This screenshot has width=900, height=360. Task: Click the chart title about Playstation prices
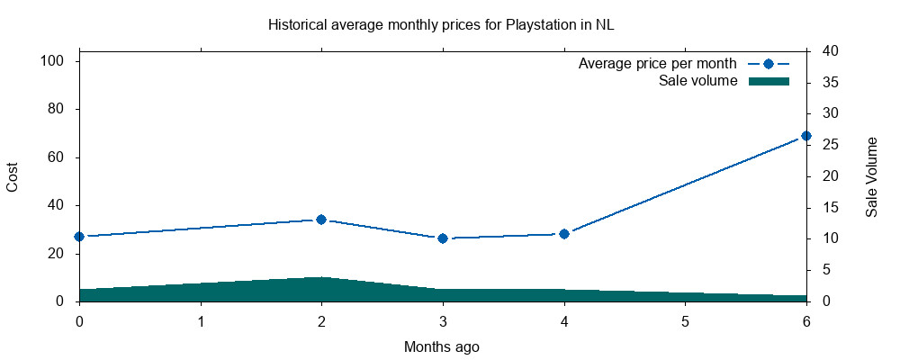[440, 24]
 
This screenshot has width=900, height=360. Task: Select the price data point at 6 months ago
[805, 136]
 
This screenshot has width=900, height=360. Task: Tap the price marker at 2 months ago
[321, 220]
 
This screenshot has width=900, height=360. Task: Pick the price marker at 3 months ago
[443, 238]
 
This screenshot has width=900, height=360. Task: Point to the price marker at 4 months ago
[564, 234]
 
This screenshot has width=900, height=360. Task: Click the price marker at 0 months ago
[79, 237]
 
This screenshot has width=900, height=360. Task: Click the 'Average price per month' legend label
[658, 64]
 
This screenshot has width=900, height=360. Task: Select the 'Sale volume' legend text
[698, 81]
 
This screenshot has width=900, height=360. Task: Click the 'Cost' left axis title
[13, 176]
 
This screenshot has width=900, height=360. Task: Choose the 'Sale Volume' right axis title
[871, 176]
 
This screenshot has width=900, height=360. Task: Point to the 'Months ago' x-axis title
[442, 346]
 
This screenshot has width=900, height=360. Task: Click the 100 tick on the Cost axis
[55, 61]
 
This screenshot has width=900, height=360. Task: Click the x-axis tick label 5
[685, 320]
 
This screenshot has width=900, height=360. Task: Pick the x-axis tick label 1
[201, 320]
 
